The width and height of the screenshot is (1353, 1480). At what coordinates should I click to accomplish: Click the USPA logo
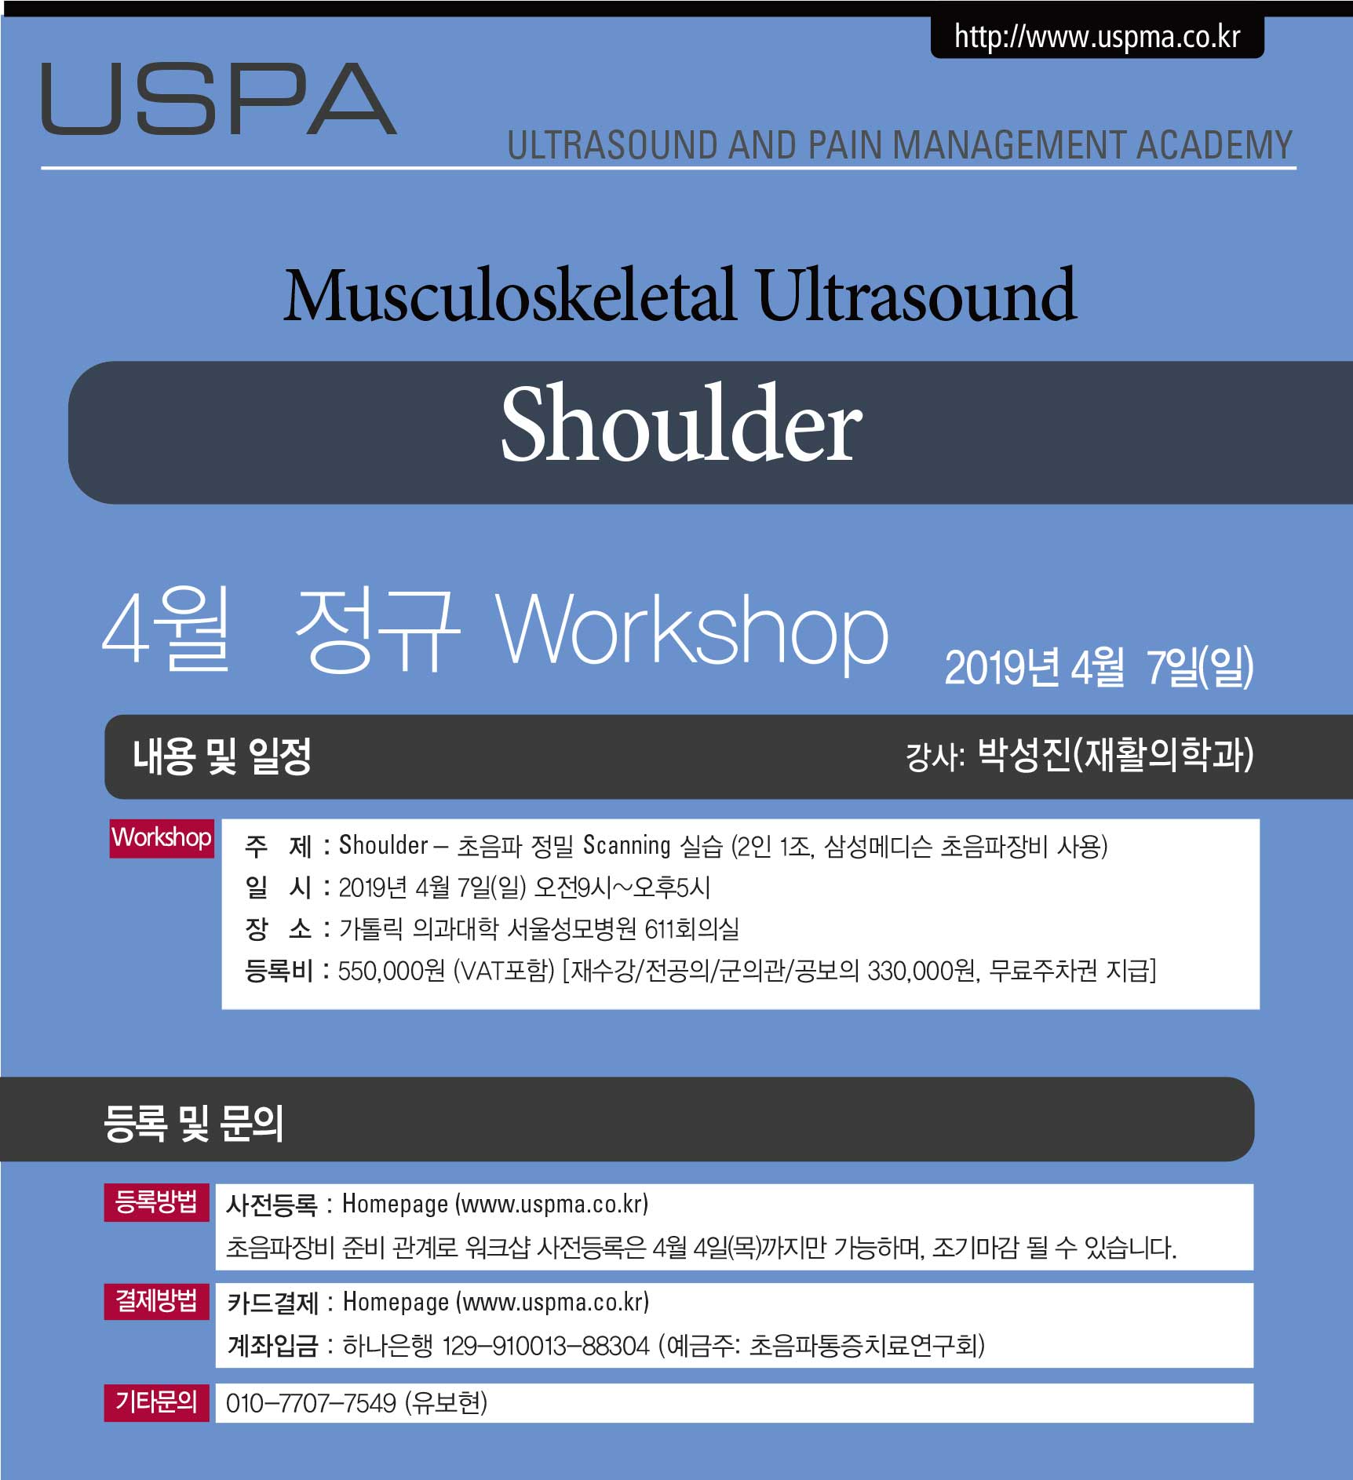coord(219,99)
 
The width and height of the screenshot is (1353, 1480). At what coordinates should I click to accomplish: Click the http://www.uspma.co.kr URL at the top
coord(1097,37)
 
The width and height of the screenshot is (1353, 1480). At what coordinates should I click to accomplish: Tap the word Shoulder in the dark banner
coord(681,424)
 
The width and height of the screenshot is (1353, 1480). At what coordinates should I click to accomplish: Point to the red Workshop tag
coord(162,838)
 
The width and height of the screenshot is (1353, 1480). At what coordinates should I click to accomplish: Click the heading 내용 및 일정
coord(222,756)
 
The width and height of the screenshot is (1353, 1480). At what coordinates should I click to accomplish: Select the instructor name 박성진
coord(1025,754)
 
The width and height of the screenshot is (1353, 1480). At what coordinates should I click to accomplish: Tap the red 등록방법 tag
coord(157,1202)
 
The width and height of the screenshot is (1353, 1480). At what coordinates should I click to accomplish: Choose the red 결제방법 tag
coord(157,1300)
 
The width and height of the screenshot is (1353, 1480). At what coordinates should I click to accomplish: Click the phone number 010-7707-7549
coord(312,1403)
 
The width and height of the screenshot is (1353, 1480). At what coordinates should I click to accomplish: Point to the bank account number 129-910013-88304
coord(546,1346)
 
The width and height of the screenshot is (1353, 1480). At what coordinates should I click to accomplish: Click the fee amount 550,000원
coord(392,971)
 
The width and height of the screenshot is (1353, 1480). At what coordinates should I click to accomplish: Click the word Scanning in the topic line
coord(626,845)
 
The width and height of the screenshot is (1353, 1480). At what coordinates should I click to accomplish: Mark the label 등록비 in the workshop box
coord(279,971)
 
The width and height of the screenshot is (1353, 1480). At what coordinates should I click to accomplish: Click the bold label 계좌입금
coord(272,1346)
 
